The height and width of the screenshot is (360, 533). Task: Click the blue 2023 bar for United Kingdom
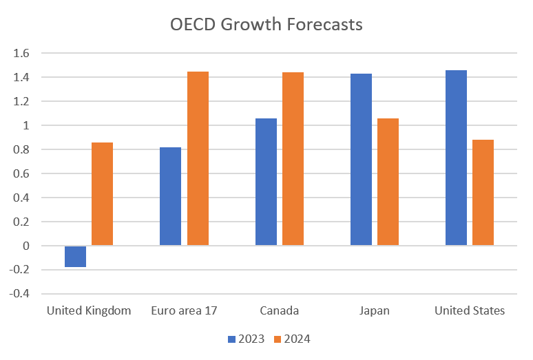tap(75, 256)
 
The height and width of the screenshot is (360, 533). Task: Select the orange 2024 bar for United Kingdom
tap(102, 194)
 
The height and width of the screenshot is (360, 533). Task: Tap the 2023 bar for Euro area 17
tap(170, 196)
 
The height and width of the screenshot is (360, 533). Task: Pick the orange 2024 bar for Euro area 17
tap(198, 158)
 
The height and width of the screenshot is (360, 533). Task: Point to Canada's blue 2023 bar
tap(266, 182)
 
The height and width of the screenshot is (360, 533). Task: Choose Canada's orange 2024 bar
tap(293, 158)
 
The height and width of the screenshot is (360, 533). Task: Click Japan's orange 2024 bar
tap(388, 182)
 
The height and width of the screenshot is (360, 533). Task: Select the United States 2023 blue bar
tap(456, 158)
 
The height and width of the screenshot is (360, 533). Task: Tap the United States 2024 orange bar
tap(483, 193)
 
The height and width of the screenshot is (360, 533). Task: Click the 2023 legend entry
tap(246, 339)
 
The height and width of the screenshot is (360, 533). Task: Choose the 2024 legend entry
tap(293, 339)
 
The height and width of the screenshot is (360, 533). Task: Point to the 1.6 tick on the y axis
tap(22, 53)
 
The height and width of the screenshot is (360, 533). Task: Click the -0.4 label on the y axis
tap(21, 294)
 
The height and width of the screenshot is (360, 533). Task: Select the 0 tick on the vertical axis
tap(26, 246)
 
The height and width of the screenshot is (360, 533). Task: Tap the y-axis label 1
tap(26, 125)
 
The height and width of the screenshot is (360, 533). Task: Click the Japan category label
tap(374, 310)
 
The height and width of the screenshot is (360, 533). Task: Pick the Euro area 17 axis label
tap(184, 310)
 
